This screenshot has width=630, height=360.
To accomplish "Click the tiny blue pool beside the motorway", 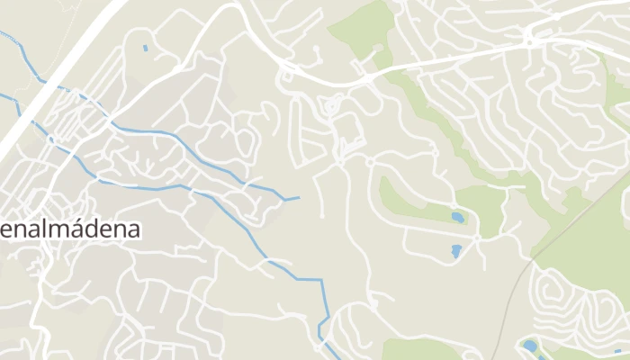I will [x=145, y=48].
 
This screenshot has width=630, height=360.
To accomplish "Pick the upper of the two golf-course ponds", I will [x=458, y=218].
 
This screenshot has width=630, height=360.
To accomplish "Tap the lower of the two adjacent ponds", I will [x=455, y=251].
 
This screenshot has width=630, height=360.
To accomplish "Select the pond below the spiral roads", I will [x=529, y=346].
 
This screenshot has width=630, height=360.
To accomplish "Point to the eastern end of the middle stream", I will [x=296, y=197].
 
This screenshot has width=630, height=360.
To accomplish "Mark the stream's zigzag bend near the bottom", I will [x=322, y=324].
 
